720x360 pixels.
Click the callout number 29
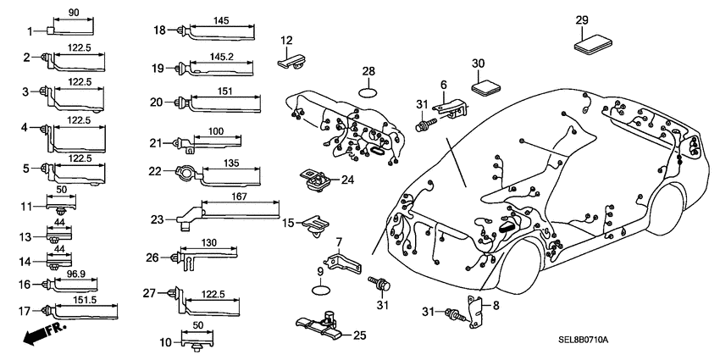tap(581, 20)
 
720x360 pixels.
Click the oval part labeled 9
tap(320, 290)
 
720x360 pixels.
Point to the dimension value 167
tap(240, 196)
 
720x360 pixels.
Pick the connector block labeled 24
tap(316, 180)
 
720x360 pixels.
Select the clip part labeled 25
tap(324, 325)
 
